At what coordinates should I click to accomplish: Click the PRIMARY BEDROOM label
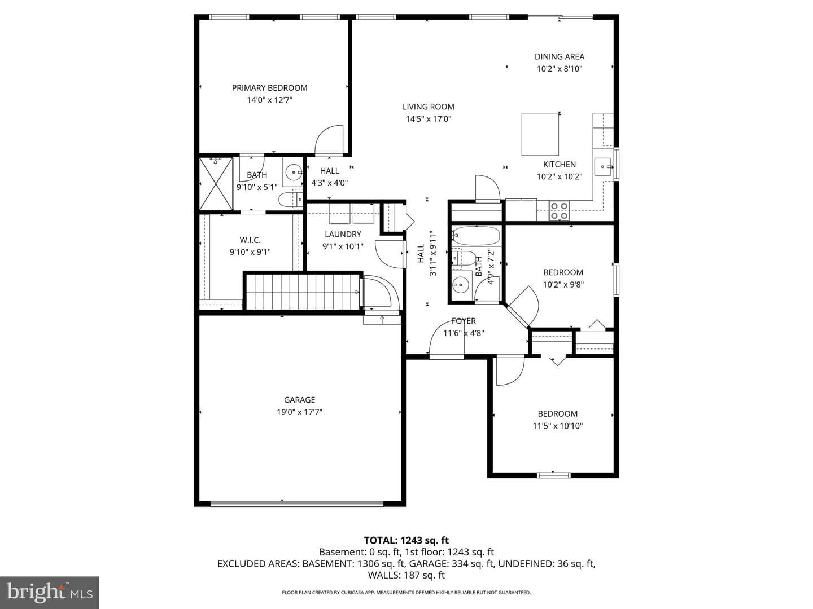coord(269,88)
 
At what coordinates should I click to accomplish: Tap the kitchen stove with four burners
coord(559,211)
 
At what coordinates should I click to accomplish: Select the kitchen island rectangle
coord(540,134)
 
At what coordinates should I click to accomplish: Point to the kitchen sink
coord(604,167)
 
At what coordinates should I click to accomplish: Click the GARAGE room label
coord(299,400)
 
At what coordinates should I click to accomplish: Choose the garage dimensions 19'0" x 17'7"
coord(299,412)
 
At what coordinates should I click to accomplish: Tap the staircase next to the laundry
coord(303,292)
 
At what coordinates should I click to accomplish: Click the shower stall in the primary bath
coord(216,184)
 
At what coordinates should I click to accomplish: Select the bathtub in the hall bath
coord(476,236)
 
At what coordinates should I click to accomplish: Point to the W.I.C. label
coord(250,240)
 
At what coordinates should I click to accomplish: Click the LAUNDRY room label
coord(343,234)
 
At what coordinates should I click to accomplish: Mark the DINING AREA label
coord(560,56)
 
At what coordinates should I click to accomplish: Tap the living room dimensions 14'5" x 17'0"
coord(428,119)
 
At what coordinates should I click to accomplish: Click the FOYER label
coord(464,321)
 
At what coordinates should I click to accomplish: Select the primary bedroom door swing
coord(329,140)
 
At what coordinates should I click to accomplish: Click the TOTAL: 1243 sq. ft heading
coord(406,540)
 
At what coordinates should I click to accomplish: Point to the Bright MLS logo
coord(50,592)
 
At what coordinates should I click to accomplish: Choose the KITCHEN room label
coord(560,165)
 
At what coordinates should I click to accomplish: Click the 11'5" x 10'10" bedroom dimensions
coord(557,426)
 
